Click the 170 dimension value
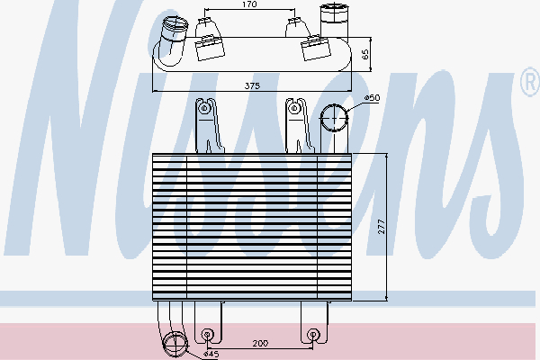(250, 4)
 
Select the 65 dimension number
(366, 54)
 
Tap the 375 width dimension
(252, 85)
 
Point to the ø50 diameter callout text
(371, 98)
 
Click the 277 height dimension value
(381, 228)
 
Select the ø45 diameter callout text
(211, 354)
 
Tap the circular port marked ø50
(334, 118)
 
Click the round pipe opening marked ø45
(175, 343)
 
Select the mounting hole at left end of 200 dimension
(209, 335)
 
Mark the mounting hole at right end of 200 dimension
(312, 335)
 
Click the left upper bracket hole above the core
(205, 109)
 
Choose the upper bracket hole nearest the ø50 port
(294, 109)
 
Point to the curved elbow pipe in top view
(168, 45)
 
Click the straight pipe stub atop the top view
(333, 17)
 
